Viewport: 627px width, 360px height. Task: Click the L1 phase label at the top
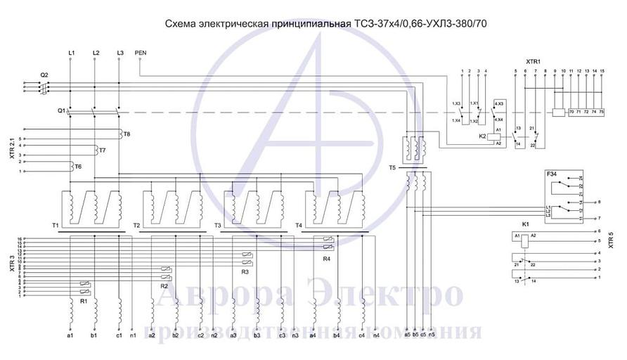pos(72,53)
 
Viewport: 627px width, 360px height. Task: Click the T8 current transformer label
pos(127,133)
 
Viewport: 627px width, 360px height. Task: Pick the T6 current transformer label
pos(78,166)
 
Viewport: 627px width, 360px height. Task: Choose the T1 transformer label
pos(55,225)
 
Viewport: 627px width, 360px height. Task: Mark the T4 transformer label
pos(299,225)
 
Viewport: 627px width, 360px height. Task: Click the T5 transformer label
pos(392,169)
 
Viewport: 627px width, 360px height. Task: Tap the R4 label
pos(326,259)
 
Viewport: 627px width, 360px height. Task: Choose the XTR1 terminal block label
pos(534,62)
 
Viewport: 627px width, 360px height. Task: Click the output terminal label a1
pos(69,335)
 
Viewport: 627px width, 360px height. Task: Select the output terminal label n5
pos(432,335)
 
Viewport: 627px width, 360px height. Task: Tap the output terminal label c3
pos(282,335)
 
